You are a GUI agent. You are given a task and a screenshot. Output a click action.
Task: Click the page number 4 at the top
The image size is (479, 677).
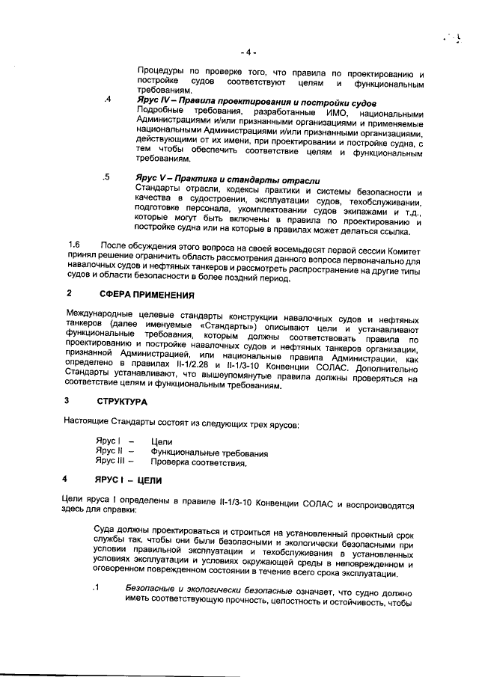click(x=250, y=52)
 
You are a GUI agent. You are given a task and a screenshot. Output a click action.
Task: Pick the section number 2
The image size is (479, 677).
click(x=69, y=294)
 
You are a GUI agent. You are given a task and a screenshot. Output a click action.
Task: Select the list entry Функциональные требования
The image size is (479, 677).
click(x=209, y=452)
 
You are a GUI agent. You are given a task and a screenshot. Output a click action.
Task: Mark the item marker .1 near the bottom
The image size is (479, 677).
click(x=95, y=589)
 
